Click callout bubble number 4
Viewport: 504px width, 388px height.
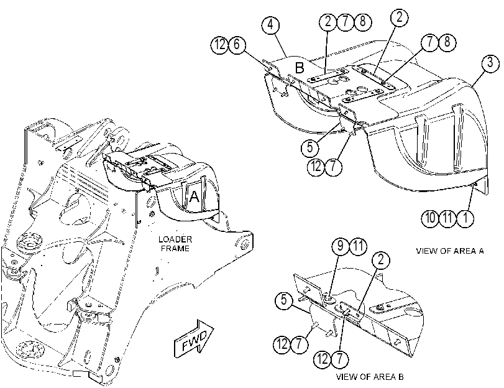click(x=270, y=25)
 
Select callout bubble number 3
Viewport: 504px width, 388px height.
click(x=490, y=63)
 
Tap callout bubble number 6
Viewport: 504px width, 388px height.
click(x=237, y=45)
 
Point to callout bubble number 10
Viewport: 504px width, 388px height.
click(x=430, y=218)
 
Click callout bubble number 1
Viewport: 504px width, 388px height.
click(x=465, y=218)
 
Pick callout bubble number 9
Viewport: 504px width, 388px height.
click(x=341, y=246)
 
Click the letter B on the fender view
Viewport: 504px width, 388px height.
click(x=300, y=68)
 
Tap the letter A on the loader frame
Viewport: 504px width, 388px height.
click(x=194, y=196)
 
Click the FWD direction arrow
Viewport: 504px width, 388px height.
click(x=194, y=338)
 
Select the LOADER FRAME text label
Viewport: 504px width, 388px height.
click(x=175, y=244)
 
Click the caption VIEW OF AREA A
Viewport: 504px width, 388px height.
click(x=450, y=251)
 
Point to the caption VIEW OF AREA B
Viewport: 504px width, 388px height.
click(x=370, y=376)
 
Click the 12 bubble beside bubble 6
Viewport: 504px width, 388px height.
click(x=219, y=45)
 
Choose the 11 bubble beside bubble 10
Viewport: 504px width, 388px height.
click(x=447, y=218)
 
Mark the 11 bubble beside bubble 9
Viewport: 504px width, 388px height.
click(x=358, y=246)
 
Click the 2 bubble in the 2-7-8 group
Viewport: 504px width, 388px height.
click(x=328, y=22)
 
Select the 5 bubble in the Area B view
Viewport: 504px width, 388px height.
click(x=284, y=300)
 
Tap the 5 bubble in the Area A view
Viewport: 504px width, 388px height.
click(x=309, y=147)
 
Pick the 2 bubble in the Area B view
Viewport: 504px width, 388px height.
click(x=381, y=259)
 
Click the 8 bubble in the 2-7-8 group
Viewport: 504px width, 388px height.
click(x=362, y=22)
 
